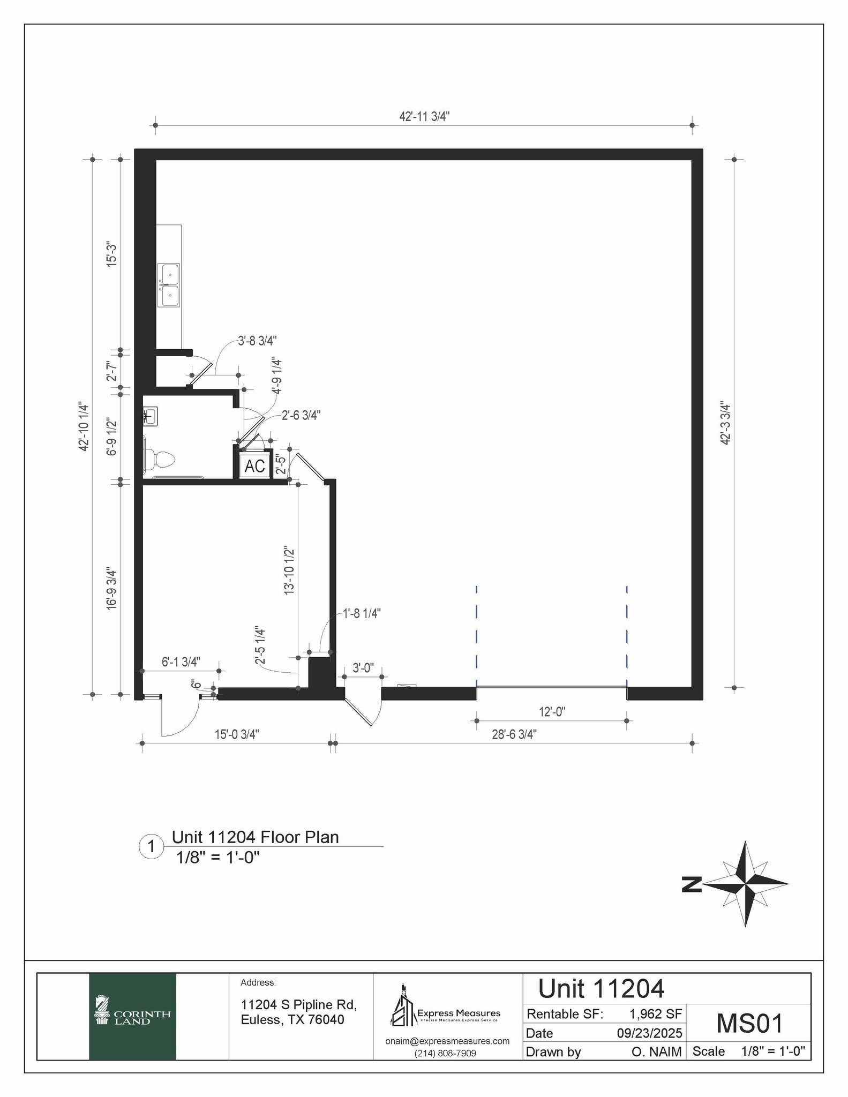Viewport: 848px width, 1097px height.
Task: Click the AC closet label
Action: pos(254,466)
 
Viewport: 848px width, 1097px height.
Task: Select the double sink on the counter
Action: pos(170,285)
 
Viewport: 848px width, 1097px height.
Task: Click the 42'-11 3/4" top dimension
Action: pos(424,117)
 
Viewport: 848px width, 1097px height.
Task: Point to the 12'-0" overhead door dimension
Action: pos(552,712)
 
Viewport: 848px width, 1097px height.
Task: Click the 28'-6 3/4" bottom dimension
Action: pos(514,734)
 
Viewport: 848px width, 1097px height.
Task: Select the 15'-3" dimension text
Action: pos(111,254)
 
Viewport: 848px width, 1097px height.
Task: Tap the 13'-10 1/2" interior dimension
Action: pos(289,570)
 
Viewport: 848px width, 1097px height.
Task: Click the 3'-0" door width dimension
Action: pos(363,668)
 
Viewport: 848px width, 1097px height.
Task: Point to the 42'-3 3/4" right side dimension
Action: pos(725,423)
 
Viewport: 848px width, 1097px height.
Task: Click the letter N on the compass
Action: pos(692,884)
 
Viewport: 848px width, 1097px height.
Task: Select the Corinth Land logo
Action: pos(132,1016)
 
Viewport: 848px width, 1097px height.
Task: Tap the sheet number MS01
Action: pos(749,1023)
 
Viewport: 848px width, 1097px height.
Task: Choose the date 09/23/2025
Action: pos(649,1033)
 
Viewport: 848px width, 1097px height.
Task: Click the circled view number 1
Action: pos(152,847)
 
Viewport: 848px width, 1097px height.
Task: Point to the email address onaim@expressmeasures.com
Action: pos(447,1041)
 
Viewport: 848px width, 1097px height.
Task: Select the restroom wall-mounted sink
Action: pos(150,416)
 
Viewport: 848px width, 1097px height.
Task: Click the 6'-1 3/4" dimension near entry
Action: pos(181,662)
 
